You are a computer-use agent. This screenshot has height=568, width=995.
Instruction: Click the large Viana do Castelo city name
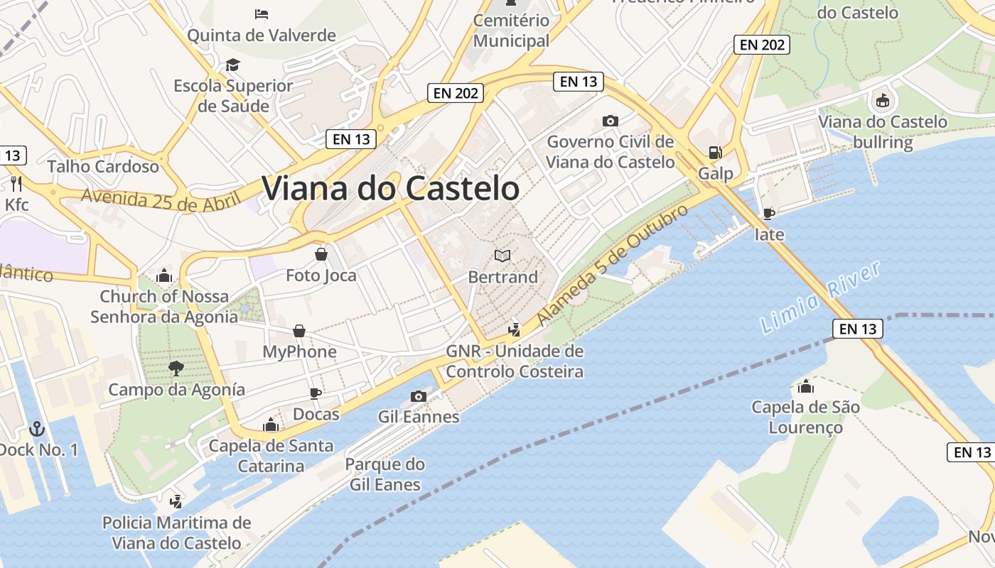coord(390,189)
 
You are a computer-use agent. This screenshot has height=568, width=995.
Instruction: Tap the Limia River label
coord(820,297)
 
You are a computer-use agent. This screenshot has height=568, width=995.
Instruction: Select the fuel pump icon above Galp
coord(715,153)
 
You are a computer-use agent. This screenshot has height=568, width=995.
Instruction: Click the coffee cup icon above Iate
coord(768,213)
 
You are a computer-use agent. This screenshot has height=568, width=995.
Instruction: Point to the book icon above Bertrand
coord(502,256)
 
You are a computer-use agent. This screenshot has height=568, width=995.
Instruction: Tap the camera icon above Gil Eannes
coord(419,396)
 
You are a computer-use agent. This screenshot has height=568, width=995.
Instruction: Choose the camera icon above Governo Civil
coord(610,121)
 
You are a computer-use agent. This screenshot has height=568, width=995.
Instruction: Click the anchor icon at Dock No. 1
coord(36,428)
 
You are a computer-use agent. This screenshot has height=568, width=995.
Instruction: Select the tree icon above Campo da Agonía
coord(176,368)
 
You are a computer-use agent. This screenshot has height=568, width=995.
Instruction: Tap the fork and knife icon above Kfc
coord(17,184)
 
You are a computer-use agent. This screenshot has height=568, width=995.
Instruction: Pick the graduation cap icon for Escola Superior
coord(233,65)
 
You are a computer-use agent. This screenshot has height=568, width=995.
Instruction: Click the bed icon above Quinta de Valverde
coord(262,13)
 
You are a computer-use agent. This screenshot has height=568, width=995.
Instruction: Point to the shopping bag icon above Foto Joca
coord(321,253)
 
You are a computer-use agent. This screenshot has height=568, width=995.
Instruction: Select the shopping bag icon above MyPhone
coord(299,331)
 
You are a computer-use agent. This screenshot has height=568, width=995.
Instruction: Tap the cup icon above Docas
coord(316,393)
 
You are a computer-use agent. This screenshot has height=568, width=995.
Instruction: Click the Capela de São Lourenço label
coord(805,417)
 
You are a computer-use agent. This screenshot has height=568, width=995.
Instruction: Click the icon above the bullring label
coord(883,101)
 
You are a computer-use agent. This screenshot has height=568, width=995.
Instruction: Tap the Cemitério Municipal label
coord(512,31)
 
